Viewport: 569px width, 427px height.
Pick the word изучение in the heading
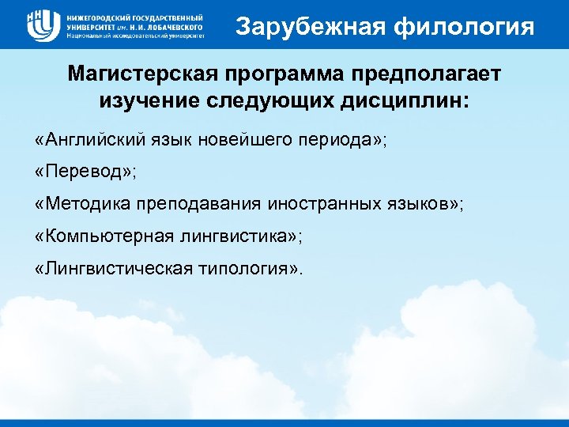pos(149,101)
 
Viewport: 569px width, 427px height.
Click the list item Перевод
pos(78,172)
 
